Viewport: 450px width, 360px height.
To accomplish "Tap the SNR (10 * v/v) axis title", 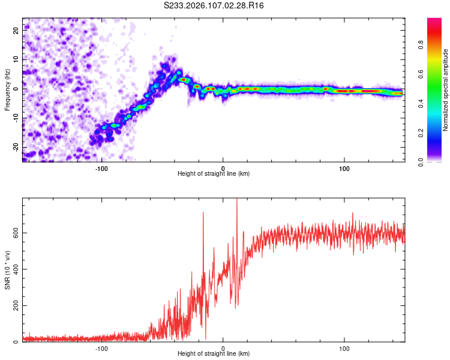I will point(8,270).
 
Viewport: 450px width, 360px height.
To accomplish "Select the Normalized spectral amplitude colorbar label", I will point(445,90).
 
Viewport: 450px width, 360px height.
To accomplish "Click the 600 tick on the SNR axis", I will point(14,232).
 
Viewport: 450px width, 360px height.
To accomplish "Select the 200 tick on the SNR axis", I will point(14,305).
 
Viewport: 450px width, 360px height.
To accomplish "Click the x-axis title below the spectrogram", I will point(214,173).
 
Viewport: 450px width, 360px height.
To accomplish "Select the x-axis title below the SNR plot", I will point(214,353).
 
